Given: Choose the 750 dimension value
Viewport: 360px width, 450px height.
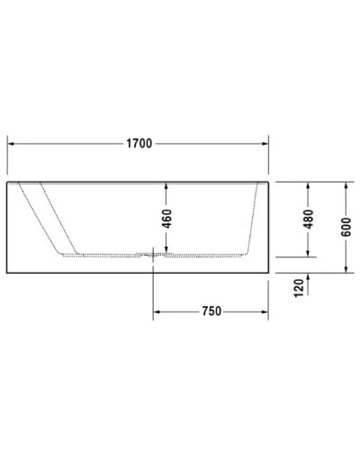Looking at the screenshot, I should point(211,311).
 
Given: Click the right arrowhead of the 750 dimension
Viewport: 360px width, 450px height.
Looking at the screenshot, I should point(265,311).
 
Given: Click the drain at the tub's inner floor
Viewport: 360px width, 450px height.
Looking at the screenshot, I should point(155,256).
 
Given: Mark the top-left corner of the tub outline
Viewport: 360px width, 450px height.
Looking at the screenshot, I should point(7,181).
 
